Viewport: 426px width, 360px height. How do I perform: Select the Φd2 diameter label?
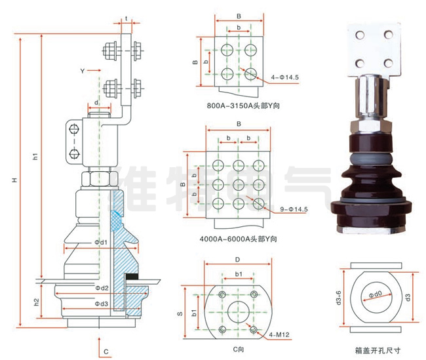[x=100, y=288]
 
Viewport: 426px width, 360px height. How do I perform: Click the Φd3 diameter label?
[x=100, y=304]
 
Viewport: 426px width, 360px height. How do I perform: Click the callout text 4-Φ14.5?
[x=284, y=78]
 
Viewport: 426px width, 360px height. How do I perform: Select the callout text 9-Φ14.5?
[x=294, y=209]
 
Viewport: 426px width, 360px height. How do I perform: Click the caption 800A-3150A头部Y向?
[x=237, y=105]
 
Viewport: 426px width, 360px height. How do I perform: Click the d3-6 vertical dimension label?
[x=338, y=301]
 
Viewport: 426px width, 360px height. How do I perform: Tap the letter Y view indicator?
[x=83, y=70]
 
